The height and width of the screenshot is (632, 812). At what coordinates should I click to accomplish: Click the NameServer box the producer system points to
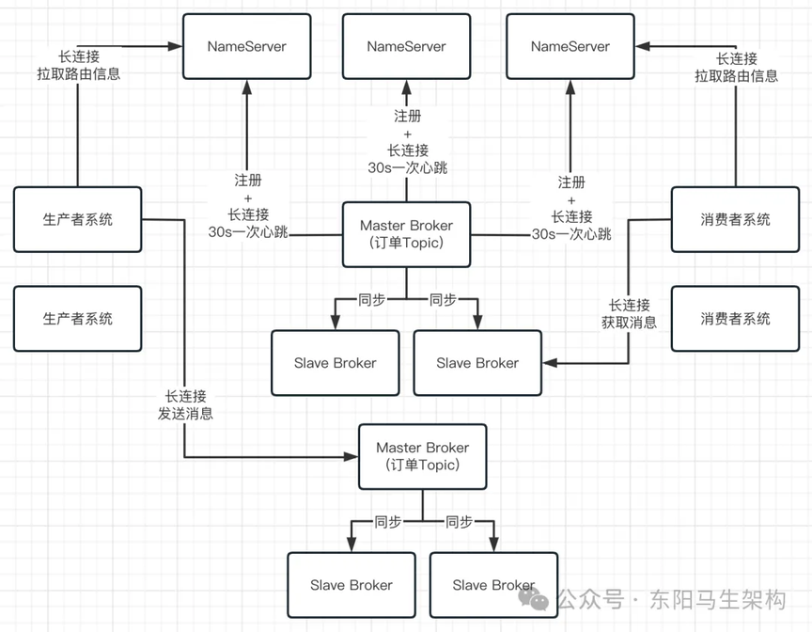pyautogui.click(x=247, y=47)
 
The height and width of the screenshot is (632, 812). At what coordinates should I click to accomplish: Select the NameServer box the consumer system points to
pyautogui.click(x=570, y=47)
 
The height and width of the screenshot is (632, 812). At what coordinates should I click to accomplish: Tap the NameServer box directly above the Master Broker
pyautogui.click(x=407, y=47)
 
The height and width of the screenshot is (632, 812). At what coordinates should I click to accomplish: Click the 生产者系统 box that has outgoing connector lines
pyautogui.click(x=78, y=220)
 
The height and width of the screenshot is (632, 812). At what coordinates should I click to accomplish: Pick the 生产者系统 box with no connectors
pyautogui.click(x=78, y=319)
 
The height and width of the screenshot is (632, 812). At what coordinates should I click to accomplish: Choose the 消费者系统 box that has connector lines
pyautogui.click(x=735, y=220)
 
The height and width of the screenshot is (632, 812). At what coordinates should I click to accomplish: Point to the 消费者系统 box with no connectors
pyautogui.click(x=735, y=319)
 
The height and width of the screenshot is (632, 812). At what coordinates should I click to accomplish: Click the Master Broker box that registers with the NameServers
pyautogui.click(x=407, y=235)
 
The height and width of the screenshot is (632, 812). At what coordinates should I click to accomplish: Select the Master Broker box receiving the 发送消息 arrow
pyautogui.click(x=423, y=457)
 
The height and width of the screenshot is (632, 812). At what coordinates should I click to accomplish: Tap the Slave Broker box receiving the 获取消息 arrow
pyautogui.click(x=477, y=363)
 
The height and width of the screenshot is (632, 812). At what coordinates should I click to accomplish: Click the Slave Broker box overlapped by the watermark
pyautogui.click(x=493, y=585)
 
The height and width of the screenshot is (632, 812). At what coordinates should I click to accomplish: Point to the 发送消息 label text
pyautogui.click(x=185, y=414)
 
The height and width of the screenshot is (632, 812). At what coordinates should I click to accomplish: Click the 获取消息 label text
pyautogui.click(x=629, y=323)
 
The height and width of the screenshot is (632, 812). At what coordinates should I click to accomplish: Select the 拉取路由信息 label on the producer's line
pyautogui.click(x=79, y=73)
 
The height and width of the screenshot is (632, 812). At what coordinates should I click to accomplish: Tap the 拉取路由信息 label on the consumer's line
pyautogui.click(x=737, y=76)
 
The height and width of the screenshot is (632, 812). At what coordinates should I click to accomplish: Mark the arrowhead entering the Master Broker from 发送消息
pyautogui.click(x=351, y=457)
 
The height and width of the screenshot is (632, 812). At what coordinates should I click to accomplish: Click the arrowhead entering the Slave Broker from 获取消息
pyautogui.click(x=550, y=363)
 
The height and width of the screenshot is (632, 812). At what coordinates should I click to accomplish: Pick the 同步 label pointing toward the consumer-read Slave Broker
pyautogui.click(x=443, y=299)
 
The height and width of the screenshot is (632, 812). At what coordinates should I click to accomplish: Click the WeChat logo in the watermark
pyautogui.click(x=534, y=599)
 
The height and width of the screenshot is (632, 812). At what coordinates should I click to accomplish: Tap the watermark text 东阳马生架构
pyautogui.click(x=718, y=600)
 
